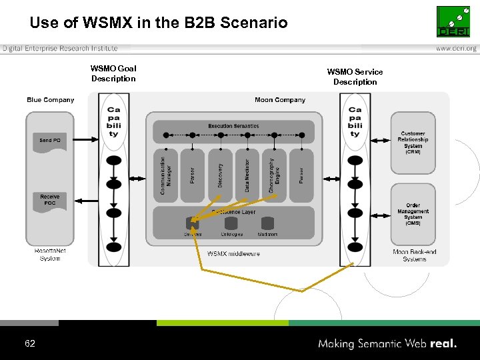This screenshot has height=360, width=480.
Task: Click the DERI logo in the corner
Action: click(x=453, y=22)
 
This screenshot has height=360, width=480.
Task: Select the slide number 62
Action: click(x=30, y=343)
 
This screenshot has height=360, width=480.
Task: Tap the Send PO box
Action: click(x=50, y=141)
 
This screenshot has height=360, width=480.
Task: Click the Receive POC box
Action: click(x=50, y=200)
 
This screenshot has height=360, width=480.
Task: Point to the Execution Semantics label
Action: click(x=233, y=126)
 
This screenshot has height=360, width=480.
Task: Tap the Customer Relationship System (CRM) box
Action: click(x=413, y=143)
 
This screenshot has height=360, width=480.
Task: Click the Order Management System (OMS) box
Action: click(x=413, y=214)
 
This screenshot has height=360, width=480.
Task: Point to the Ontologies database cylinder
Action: click(x=231, y=223)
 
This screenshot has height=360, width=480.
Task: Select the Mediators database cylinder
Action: click(x=267, y=223)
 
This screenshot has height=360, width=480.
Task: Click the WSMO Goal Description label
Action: click(x=113, y=73)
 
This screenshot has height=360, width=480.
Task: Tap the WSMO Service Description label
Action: click(x=355, y=77)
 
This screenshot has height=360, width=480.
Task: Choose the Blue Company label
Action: click(x=51, y=100)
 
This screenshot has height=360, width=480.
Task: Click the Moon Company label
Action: click(x=280, y=100)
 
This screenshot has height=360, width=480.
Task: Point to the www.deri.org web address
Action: click(x=456, y=49)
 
